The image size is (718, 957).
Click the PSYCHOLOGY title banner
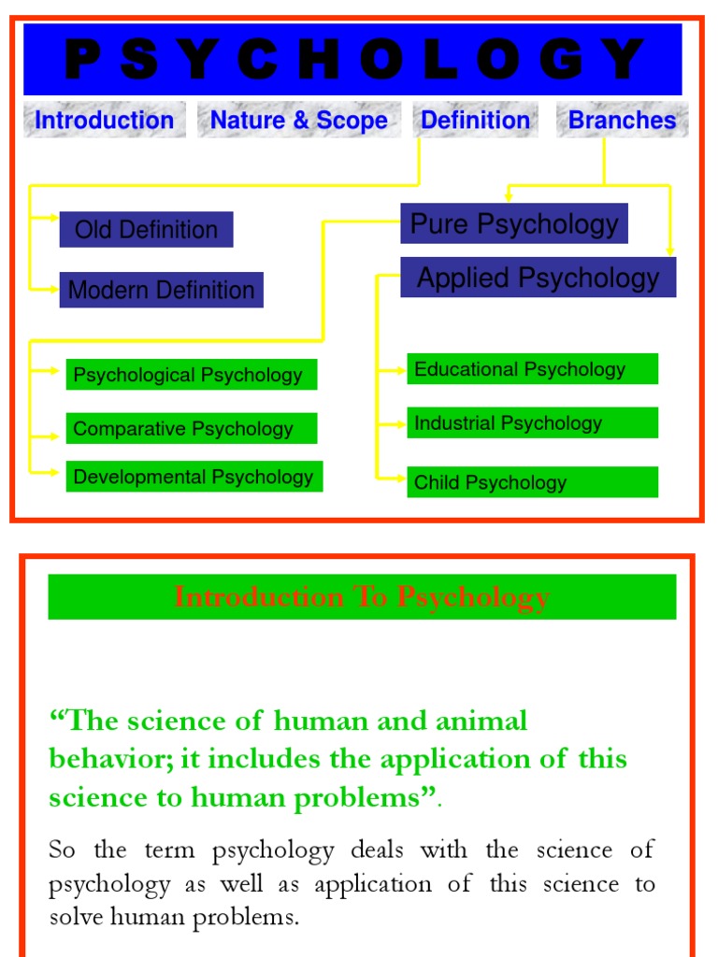352,59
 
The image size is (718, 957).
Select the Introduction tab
104,121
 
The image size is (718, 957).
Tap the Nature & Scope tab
298,121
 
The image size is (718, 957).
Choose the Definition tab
475,121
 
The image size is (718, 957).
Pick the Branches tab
622,121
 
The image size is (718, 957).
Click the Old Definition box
146,230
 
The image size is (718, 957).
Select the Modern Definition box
161,290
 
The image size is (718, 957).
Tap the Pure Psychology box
514,224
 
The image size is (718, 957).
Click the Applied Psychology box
538,278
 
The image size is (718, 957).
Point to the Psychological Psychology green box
191,375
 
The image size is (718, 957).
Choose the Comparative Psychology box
191,429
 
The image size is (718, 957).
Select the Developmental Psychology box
194,477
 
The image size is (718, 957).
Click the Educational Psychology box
532,369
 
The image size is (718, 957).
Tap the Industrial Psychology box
532,423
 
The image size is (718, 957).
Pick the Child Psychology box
532,482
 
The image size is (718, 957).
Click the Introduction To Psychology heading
362,597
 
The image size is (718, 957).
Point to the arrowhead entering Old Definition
53,218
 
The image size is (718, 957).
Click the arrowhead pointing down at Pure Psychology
508,196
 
